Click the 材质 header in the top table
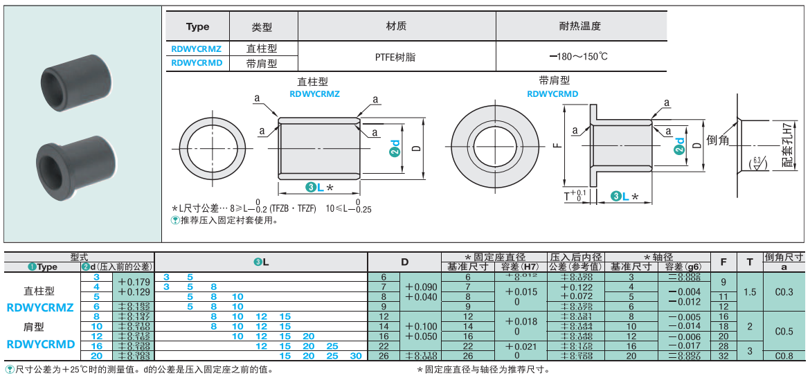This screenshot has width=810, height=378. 396,26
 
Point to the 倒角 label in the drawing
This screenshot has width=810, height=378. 719,141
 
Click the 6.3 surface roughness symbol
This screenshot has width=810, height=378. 757,163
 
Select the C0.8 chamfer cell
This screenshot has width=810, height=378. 784,356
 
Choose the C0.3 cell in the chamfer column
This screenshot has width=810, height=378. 784,291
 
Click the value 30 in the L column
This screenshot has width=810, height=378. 356,356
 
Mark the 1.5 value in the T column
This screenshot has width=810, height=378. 750,291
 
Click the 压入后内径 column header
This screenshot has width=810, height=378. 576,257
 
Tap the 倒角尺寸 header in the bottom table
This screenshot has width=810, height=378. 784,257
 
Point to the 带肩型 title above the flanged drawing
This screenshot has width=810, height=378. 554,81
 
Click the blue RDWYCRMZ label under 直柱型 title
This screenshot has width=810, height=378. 314,93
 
